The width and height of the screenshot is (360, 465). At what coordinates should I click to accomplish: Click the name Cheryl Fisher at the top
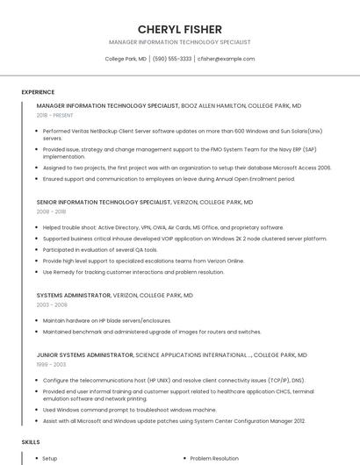(180, 29)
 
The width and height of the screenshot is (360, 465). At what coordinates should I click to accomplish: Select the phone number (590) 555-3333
(172, 59)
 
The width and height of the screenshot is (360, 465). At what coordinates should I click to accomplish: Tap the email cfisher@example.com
(226, 59)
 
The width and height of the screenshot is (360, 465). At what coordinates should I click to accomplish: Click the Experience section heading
(38, 91)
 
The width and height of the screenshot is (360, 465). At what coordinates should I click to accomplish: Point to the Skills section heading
(31, 442)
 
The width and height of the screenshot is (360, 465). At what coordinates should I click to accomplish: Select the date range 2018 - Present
(55, 115)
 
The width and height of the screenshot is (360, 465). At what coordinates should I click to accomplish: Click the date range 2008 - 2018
(51, 211)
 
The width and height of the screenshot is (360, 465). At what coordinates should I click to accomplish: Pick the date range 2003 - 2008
(51, 305)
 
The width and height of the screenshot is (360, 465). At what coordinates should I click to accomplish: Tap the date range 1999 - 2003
(51, 364)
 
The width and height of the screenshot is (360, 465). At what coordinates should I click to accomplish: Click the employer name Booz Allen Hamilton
(213, 105)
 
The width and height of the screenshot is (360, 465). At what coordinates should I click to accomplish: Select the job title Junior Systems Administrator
(85, 355)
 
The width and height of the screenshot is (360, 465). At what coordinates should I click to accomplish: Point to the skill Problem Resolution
(214, 458)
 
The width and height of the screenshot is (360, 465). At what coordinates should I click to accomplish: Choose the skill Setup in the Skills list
(50, 458)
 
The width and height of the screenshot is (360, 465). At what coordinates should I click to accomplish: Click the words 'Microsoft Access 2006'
(301, 167)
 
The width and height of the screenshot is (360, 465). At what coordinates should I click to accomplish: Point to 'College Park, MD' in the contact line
(126, 59)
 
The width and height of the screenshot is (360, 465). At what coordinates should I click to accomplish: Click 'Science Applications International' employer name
(192, 355)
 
